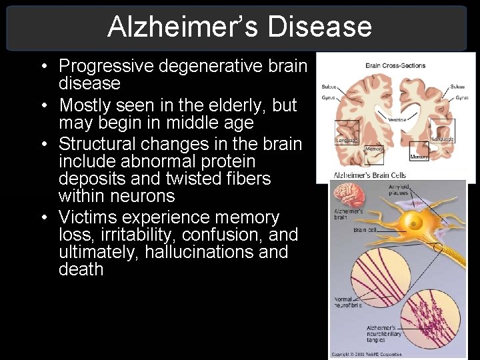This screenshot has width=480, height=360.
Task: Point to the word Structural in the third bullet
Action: tap(97, 144)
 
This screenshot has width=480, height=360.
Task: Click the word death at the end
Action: tap(81, 269)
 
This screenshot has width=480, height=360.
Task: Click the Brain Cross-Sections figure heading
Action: tap(395, 65)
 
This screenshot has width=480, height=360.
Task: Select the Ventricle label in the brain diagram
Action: tap(397, 119)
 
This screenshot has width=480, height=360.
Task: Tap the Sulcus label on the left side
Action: tap(329, 87)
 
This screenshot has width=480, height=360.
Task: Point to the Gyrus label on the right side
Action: tap(462, 98)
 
